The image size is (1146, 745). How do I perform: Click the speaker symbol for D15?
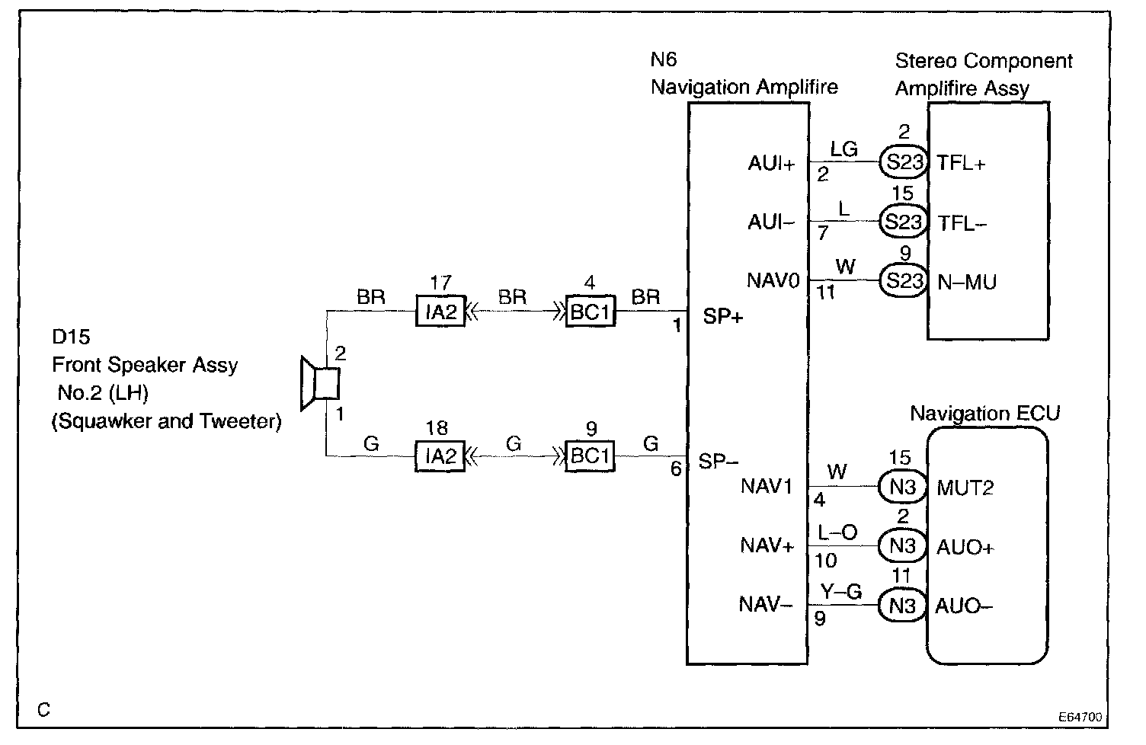(x=320, y=383)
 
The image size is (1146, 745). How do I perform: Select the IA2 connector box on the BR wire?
(x=440, y=311)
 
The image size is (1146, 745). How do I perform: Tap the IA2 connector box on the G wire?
(x=440, y=456)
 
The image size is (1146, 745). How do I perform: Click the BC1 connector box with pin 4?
(x=591, y=311)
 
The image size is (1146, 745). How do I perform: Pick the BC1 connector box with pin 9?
(x=590, y=456)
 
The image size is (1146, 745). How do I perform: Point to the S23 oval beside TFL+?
(x=904, y=162)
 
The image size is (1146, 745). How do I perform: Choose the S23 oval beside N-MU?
(x=904, y=280)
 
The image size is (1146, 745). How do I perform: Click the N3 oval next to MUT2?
(x=902, y=486)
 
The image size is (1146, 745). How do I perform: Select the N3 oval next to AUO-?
(x=902, y=606)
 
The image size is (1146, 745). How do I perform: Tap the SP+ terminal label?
(x=722, y=316)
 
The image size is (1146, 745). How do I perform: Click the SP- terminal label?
(x=719, y=461)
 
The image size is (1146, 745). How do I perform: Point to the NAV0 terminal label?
(x=773, y=281)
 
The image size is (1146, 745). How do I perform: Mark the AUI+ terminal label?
(x=772, y=164)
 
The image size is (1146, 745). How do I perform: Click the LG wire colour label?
(x=843, y=149)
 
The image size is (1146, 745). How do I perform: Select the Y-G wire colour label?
(x=841, y=592)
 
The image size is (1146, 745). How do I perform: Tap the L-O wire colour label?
(x=837, y=532)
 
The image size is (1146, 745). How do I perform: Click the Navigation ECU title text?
(x=984, y=413)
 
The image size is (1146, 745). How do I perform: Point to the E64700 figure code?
(x=1080, y=717)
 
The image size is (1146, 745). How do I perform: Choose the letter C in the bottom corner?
(x=44, y=710)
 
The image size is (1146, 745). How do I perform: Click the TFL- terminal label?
(x=962, y=223)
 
